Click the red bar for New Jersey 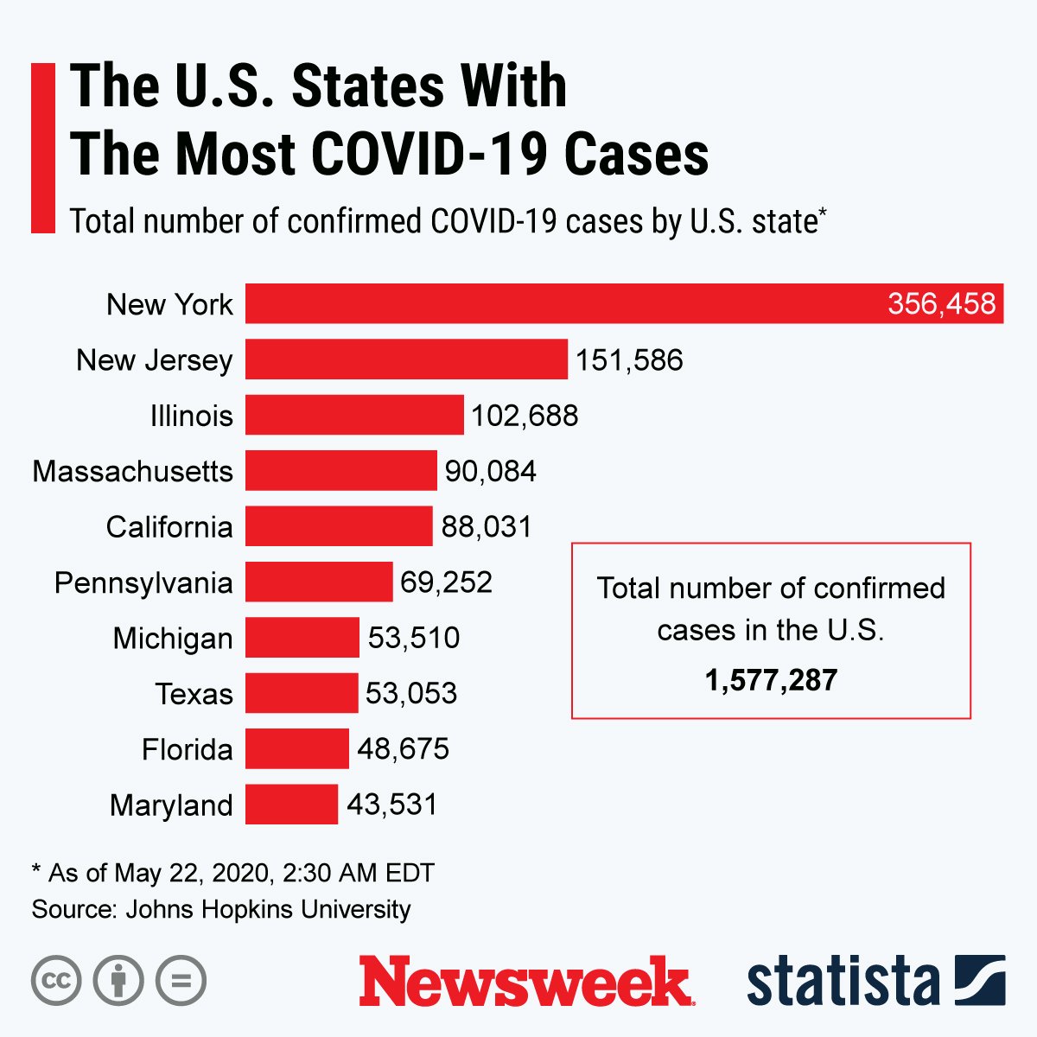point(406,359)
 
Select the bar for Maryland point(291,805)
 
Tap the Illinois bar point(354,415)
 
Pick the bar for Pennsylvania point(319,582)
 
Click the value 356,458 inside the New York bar point(941,304)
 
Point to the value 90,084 point(490,471)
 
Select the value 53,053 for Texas point(411,693)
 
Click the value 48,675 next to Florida point(403,748)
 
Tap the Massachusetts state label point(133,471)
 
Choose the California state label point(169,526)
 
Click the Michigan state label point(173,638)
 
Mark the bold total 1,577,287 point(771,680)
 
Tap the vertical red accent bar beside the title point(43,148)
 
